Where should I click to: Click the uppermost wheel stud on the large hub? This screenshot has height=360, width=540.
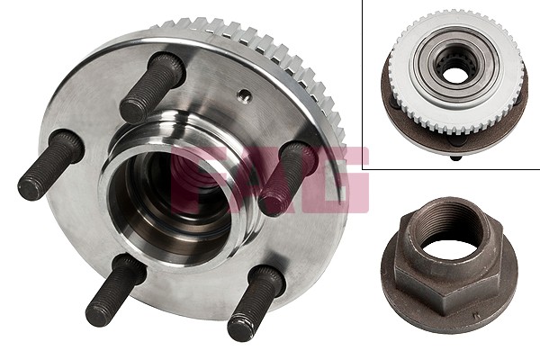pos(152,87)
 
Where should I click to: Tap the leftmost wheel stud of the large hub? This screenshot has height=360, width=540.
pos(51,165)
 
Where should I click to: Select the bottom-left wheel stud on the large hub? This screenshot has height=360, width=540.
pos(115,290)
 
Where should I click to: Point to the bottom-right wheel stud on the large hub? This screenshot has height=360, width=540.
pos(256,302)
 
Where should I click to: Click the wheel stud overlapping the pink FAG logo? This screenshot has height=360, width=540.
pos(288,178)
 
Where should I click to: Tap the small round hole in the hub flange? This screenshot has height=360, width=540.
pos(245,95)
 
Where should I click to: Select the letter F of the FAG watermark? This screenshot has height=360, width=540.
pos(191,179)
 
